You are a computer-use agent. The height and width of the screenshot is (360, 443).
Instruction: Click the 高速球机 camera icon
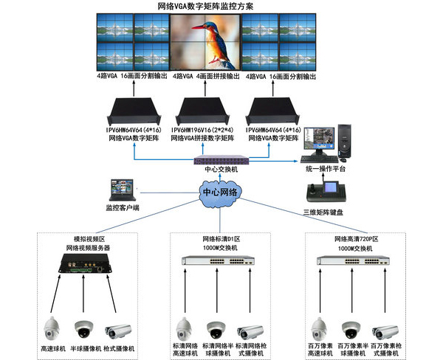(55, 326)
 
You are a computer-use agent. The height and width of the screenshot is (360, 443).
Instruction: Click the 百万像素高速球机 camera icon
(320, 326)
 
